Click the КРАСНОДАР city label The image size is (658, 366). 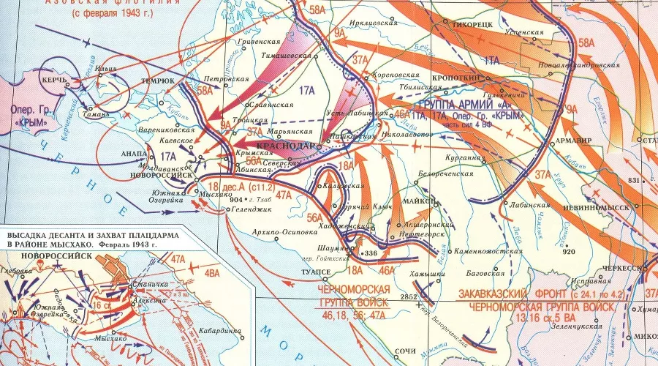click(282, 146)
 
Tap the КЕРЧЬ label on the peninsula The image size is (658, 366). click(54, 78)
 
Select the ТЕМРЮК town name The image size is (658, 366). click(158, 81)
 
